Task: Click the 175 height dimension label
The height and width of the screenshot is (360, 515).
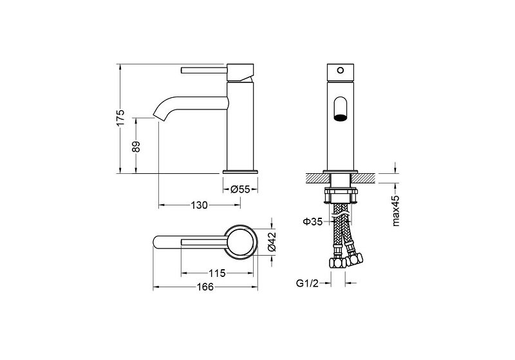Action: tap(121, 118)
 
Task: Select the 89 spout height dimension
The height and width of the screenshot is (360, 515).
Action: tap(136, 146)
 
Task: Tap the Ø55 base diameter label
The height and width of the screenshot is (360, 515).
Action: tap(240, 189)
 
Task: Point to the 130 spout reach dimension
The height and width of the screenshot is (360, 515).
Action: tap(200, 205)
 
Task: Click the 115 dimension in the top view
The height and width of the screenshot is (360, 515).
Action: tap(217, 273)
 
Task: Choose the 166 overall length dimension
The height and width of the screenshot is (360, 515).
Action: tap(205, 287)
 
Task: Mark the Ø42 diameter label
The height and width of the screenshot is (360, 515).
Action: tap(272, 242)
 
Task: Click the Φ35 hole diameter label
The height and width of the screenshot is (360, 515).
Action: tap(312, 222)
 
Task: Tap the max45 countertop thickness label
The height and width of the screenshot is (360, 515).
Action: tap(396, 211)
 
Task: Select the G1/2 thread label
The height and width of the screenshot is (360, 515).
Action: tap(308, 283)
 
